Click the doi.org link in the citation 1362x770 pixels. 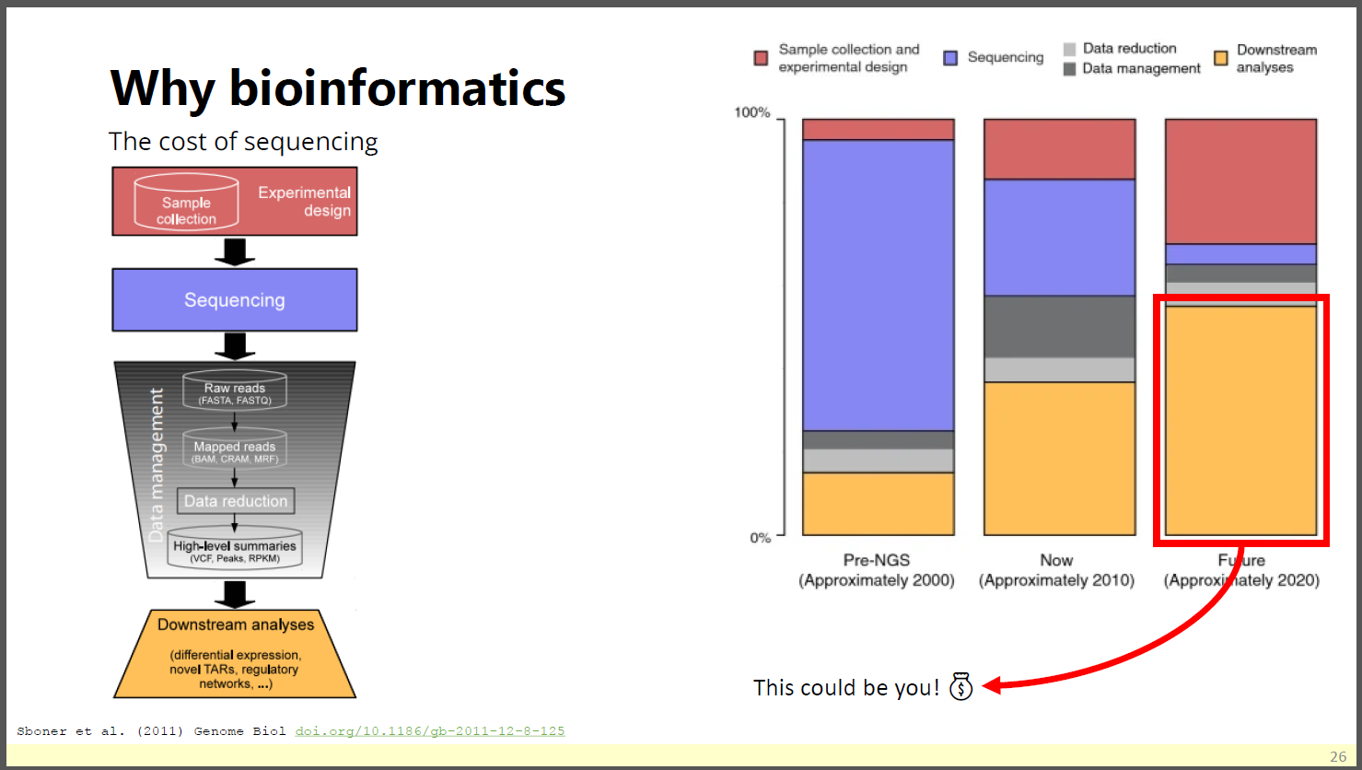[x=430, y=731]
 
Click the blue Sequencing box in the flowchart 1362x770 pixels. [x=235, y=300]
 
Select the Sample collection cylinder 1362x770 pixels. [x=186, y=202]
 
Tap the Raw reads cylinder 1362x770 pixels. [x=235, y=390]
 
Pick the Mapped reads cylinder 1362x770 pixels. [x=235, y=449]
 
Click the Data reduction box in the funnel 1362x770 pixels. [x=236, y=500]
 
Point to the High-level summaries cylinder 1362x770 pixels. [x=235, y=547]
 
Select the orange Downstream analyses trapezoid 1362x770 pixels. [x=235, y=654]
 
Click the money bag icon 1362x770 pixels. [x=960, y=687]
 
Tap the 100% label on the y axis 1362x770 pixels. [x=752, y=112]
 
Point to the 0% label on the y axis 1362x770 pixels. [x=760, y=538]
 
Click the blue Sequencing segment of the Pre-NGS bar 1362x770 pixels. [x=878, y=286]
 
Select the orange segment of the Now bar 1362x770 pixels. [x=1059, y=459]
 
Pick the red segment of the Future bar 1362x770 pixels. [x=1240, y=181]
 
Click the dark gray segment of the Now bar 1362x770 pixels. [x=1059, y=327]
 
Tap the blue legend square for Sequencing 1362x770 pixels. [x=950, y=58]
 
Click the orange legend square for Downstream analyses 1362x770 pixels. [x=1220, y=58]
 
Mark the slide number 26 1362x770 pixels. [x=1338, y=756]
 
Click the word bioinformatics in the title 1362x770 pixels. [x=397, y=88]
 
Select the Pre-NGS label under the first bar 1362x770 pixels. [x=876, y=560]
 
